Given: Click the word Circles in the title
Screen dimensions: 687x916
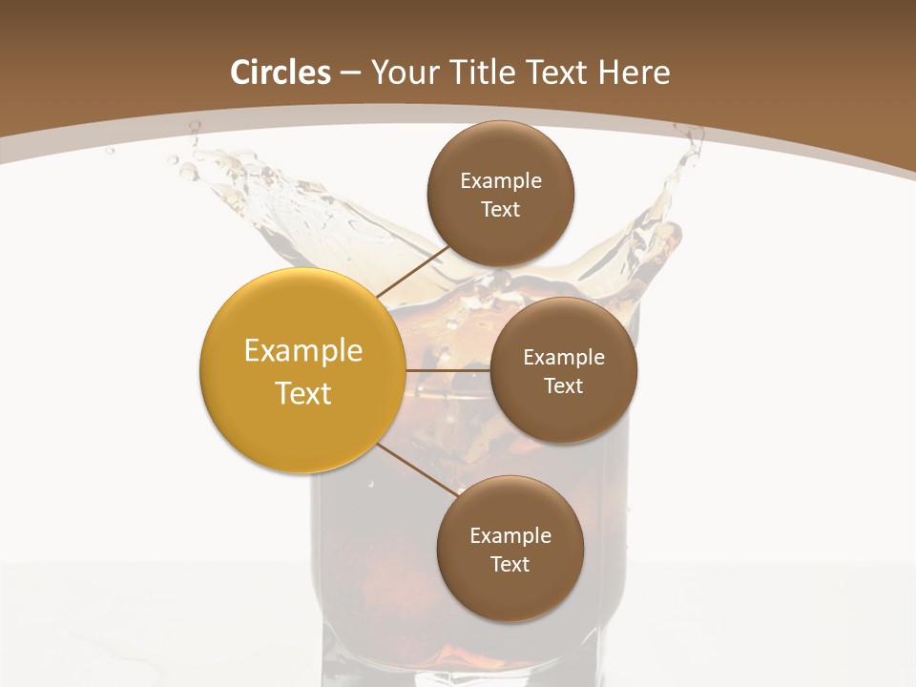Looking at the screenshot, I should pos(280,73).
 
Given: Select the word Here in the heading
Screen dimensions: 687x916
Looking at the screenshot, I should pos(635,73).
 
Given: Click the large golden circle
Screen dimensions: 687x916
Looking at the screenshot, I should pos(302,370).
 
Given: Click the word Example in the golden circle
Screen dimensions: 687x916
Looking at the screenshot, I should pos(303,351).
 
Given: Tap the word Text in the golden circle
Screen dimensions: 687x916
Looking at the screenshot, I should pos(303,393).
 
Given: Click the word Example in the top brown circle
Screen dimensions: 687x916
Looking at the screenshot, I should pos(501,181).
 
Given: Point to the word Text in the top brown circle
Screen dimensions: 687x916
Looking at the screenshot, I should pos(501,210).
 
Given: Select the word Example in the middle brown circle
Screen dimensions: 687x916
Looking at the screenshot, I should pos(564,358).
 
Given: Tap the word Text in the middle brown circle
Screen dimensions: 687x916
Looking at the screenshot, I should pos(564,386).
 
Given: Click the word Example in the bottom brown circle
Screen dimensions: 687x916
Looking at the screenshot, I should pos(510,536).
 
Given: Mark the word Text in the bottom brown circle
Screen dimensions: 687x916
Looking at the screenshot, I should pos(510,565).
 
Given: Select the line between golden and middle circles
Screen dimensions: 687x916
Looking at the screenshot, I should pos(448,370).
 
